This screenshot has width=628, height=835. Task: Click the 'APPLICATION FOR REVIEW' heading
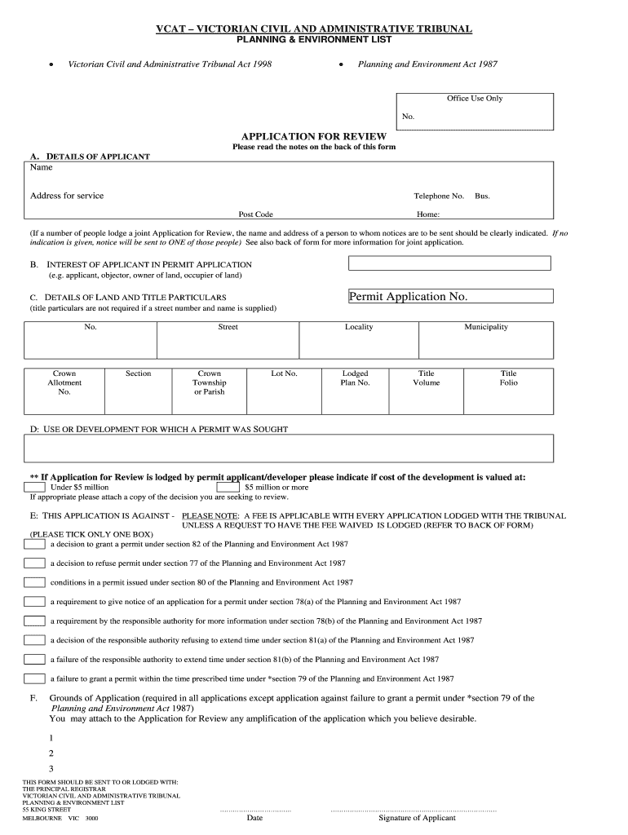tap(314, 136)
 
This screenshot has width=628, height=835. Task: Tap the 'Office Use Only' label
tap(475, 99)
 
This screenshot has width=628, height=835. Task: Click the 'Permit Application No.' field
tap(449, 297)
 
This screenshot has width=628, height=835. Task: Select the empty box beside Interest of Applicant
tap(449, 263)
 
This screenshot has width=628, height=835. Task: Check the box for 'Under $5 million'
tap(34, 487)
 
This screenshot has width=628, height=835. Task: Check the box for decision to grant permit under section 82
tap(34, 543)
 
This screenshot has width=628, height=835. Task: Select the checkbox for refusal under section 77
tap(34, 563)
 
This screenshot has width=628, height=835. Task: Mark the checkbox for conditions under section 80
tap(34, 582)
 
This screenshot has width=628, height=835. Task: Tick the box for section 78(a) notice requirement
tap(34, 602)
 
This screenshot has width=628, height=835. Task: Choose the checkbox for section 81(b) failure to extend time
tap(34, 659)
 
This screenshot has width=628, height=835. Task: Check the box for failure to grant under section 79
tap(34, 678)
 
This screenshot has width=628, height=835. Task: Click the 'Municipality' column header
tap(486, 327)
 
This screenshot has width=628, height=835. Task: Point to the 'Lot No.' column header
tap(284, 373)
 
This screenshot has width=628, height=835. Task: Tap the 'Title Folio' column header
tap(508, 378)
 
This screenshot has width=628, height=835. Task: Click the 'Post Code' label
tap(255, 214)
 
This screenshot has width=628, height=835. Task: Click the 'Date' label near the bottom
tap(254, 818)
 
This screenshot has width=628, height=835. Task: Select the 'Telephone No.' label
tap(439, 197)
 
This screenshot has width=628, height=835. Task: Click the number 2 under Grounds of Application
tap(51, 753)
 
